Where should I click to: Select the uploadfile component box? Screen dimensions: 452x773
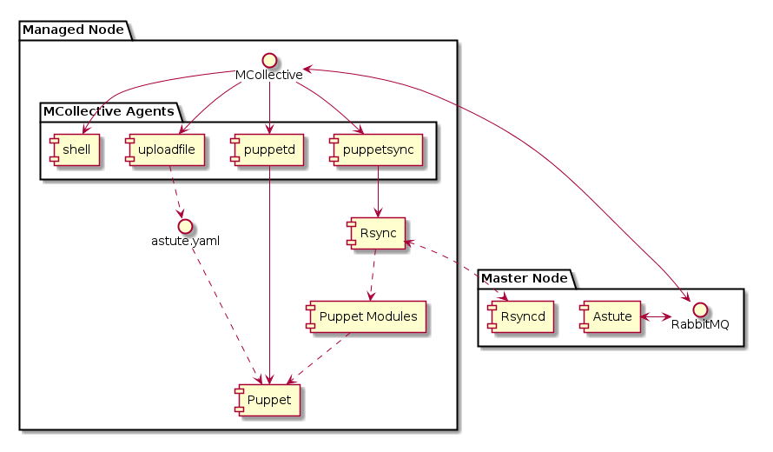(x=165, y=150)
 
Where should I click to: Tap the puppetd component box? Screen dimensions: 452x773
(x=270, y=150)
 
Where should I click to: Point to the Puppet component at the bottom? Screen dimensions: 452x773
(x=268, y=398)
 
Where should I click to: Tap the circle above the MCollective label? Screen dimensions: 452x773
(x=269, y=60)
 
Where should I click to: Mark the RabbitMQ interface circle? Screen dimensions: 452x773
(x=699, y=309)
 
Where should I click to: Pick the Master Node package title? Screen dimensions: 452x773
(x=524, y=278)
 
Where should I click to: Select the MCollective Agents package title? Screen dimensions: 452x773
(x=109, y=111)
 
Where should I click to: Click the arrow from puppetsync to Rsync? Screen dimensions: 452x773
(x=376, y=192)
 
